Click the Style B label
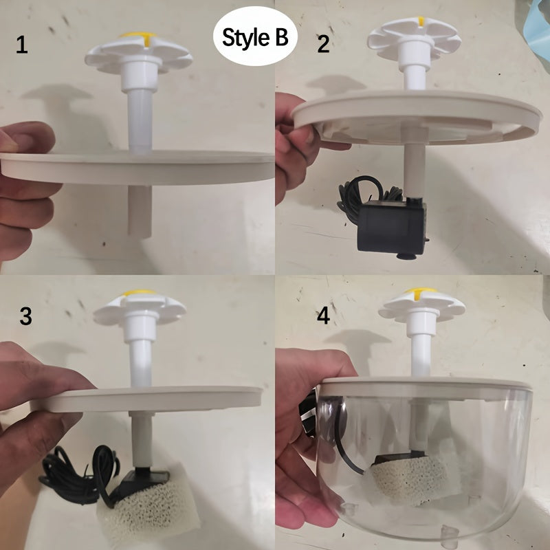(255, 37)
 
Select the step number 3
(25, 316)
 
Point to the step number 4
(322, 316)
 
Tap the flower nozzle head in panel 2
(413, 38)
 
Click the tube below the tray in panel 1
(140, 210)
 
